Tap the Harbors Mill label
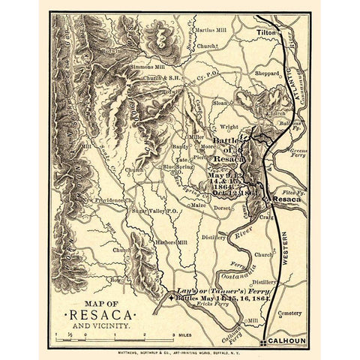coord(172,242)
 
